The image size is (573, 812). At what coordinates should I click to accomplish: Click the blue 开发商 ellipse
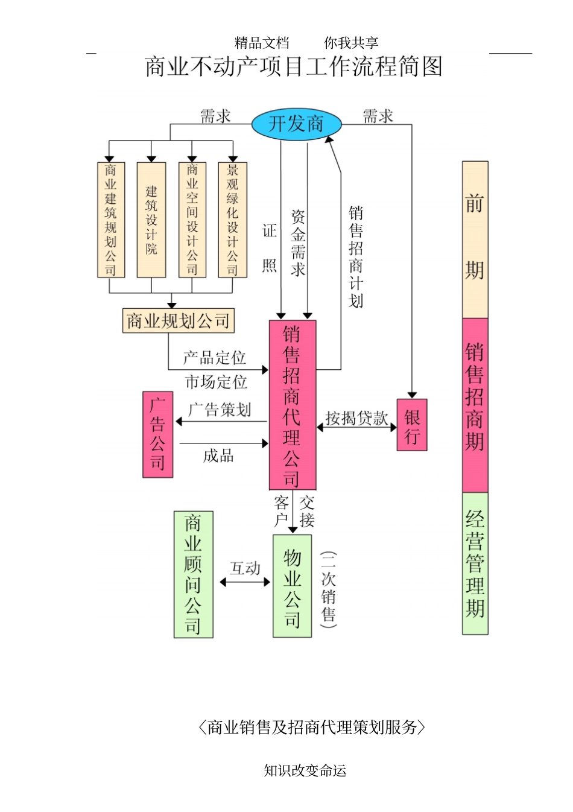point(296,124)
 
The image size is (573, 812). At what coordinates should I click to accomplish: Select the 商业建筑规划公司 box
point(111,220)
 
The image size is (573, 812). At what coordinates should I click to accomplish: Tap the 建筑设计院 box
point(151,220)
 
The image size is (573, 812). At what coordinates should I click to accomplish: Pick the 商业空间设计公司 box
point(192,220)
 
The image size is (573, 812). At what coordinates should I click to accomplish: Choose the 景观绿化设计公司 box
point(232,220)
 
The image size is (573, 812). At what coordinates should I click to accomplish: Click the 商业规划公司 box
point(178,321)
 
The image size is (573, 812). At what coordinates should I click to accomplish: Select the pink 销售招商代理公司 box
point(292,405)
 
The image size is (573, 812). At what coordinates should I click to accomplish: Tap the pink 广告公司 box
point(157,434)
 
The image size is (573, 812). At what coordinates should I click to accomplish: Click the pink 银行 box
point(412,425)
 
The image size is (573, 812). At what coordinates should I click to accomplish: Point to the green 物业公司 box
point(292,586)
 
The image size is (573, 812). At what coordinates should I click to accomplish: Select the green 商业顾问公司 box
point(193,574)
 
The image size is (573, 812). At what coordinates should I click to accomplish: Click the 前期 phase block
point(475,239)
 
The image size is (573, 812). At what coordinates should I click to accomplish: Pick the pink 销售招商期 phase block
point(475,405)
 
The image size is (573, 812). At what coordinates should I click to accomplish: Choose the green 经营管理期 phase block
point(475,563)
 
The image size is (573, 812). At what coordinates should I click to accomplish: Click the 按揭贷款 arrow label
point(356,418)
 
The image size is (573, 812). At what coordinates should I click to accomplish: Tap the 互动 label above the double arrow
point(245,568)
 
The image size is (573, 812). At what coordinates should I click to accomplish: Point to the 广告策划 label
point(220,410)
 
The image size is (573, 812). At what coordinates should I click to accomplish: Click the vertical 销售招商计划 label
point(356,256)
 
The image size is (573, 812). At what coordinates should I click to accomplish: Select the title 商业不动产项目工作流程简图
point(294,66)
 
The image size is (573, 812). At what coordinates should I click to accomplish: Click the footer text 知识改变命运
point(305,770)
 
